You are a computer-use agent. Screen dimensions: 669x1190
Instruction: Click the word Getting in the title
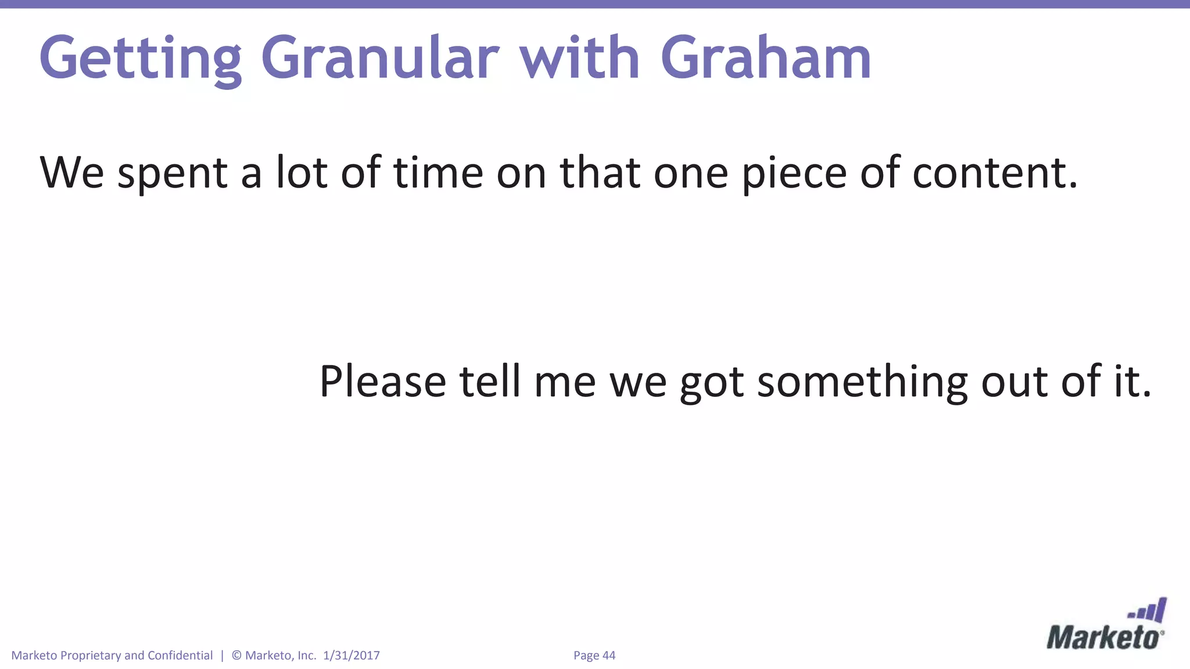[x=140, y=59]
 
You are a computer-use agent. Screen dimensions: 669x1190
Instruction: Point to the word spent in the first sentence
[x=173, y=174]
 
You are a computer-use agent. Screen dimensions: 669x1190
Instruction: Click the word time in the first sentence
[x=438, y=172]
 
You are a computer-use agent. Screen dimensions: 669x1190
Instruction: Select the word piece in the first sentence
[x=794, y=174]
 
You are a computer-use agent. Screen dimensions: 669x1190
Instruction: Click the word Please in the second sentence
[x=382, y=382]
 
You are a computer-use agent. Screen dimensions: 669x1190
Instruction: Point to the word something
[x=862, y=382]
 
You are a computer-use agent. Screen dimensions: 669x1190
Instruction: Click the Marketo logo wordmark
[x=1104, y=638]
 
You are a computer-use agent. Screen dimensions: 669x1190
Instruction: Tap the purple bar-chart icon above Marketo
[x=1148, y=611]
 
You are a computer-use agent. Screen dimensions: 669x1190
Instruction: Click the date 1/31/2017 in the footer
[x=351, y=655]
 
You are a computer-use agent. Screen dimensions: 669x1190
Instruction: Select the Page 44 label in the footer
[x=594, y=655]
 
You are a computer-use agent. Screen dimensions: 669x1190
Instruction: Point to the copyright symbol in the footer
[x=236, y=655]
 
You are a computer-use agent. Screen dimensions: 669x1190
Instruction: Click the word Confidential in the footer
[x=180, y=655]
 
